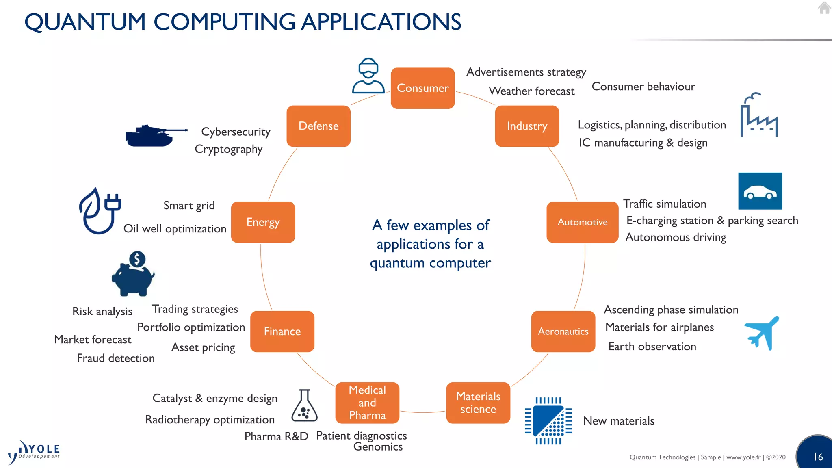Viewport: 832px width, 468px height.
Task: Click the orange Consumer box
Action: pos(422,88)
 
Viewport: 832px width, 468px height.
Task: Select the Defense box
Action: pos(318,126)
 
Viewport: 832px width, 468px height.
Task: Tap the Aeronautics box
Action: pos(563,331)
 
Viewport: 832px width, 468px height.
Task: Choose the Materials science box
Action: pos(478,403)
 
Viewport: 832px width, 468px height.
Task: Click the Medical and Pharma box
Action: pos(367,403)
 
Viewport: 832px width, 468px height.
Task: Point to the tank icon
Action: pos(156,136)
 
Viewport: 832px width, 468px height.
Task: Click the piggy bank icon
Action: pos(133,274)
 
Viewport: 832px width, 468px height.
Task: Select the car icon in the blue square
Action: pos(760,191)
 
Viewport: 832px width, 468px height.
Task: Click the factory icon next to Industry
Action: pos(758,115)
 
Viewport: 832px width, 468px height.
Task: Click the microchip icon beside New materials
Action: pos(548,421)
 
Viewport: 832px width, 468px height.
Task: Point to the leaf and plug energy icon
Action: pos(100,211)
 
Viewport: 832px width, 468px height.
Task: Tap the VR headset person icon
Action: pos(368,76)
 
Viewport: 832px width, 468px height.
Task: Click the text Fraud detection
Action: pos(116,358)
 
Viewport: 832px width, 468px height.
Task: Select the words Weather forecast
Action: pos(531,91)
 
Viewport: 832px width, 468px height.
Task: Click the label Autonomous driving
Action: pos(676,237)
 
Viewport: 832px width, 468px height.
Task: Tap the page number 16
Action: pos(818,457)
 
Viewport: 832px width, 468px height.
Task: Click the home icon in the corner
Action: pos(824,8)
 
